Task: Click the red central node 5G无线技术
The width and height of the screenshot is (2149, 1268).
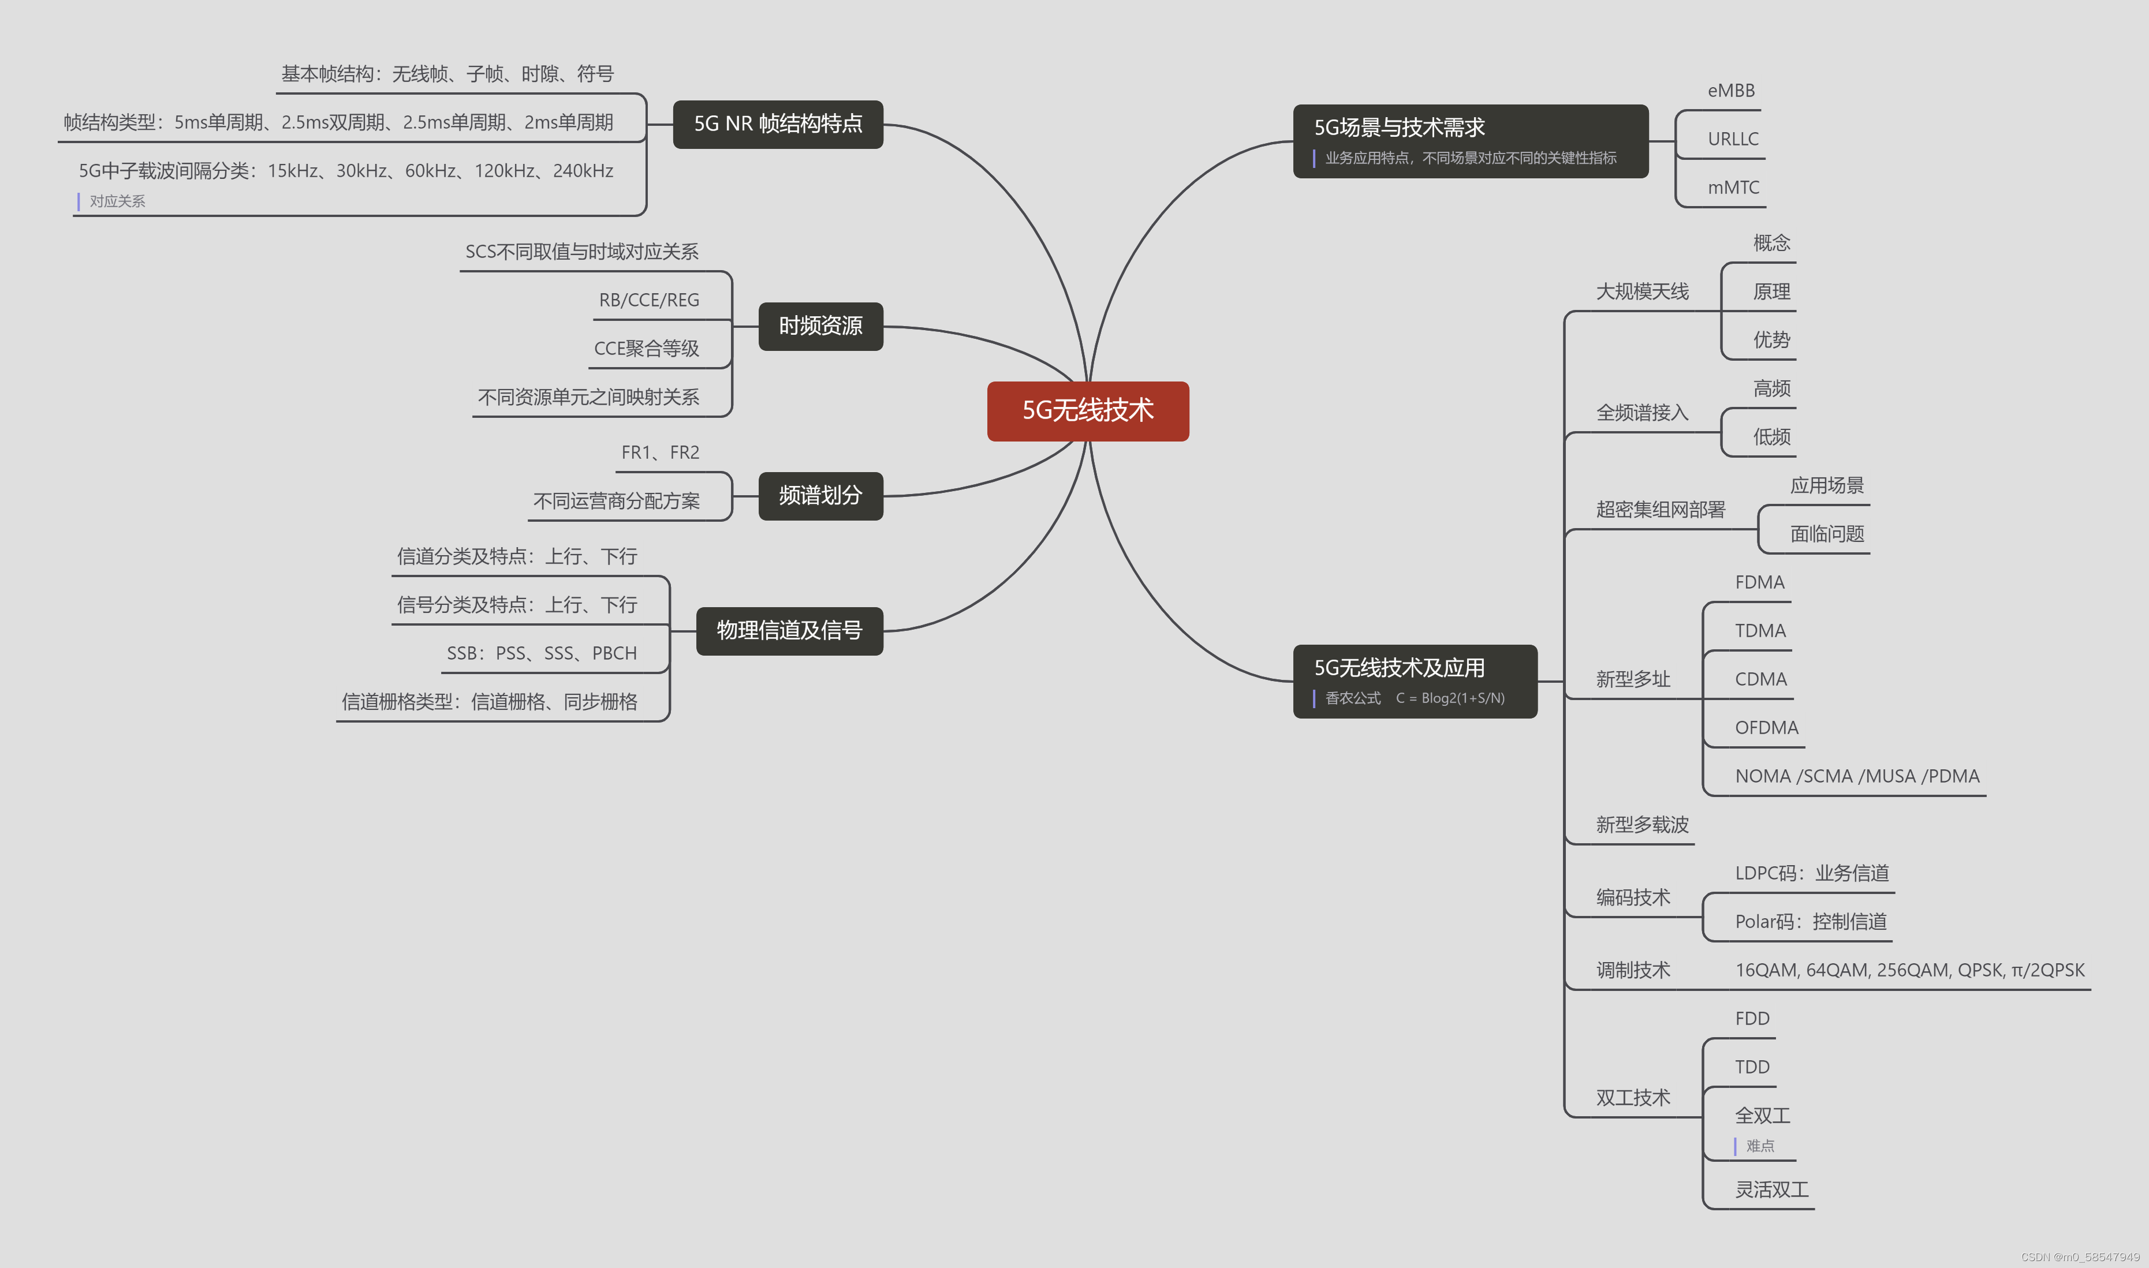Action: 1087,411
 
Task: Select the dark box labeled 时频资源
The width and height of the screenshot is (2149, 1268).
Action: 820,326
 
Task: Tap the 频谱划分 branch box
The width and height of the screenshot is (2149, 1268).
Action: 820,496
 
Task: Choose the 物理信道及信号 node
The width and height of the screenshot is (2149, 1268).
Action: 789,631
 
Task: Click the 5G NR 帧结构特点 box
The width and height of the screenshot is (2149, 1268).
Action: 777,124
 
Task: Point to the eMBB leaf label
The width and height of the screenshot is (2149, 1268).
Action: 1731,91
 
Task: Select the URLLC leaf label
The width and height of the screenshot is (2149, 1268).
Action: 1733,139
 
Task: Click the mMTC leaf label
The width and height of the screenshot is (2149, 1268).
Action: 1733,187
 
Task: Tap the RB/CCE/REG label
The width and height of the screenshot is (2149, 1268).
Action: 649,300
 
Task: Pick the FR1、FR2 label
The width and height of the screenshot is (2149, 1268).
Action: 660,452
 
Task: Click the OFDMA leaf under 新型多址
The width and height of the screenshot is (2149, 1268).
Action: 1766,727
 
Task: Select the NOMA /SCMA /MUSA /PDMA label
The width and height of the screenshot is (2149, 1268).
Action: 1857,776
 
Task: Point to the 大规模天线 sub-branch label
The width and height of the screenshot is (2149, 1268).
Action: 1642,291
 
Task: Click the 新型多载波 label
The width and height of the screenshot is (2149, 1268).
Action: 1642,825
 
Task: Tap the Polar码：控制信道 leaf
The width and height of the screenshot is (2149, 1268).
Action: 1811,921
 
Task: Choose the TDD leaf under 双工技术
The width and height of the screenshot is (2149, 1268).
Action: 1752,1067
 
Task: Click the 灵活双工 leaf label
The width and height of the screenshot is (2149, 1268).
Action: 1771,1188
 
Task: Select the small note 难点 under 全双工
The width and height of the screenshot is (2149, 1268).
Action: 1759,1146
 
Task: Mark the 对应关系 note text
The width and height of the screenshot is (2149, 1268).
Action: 117,201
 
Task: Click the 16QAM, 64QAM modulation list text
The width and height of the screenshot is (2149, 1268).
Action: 1909,970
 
